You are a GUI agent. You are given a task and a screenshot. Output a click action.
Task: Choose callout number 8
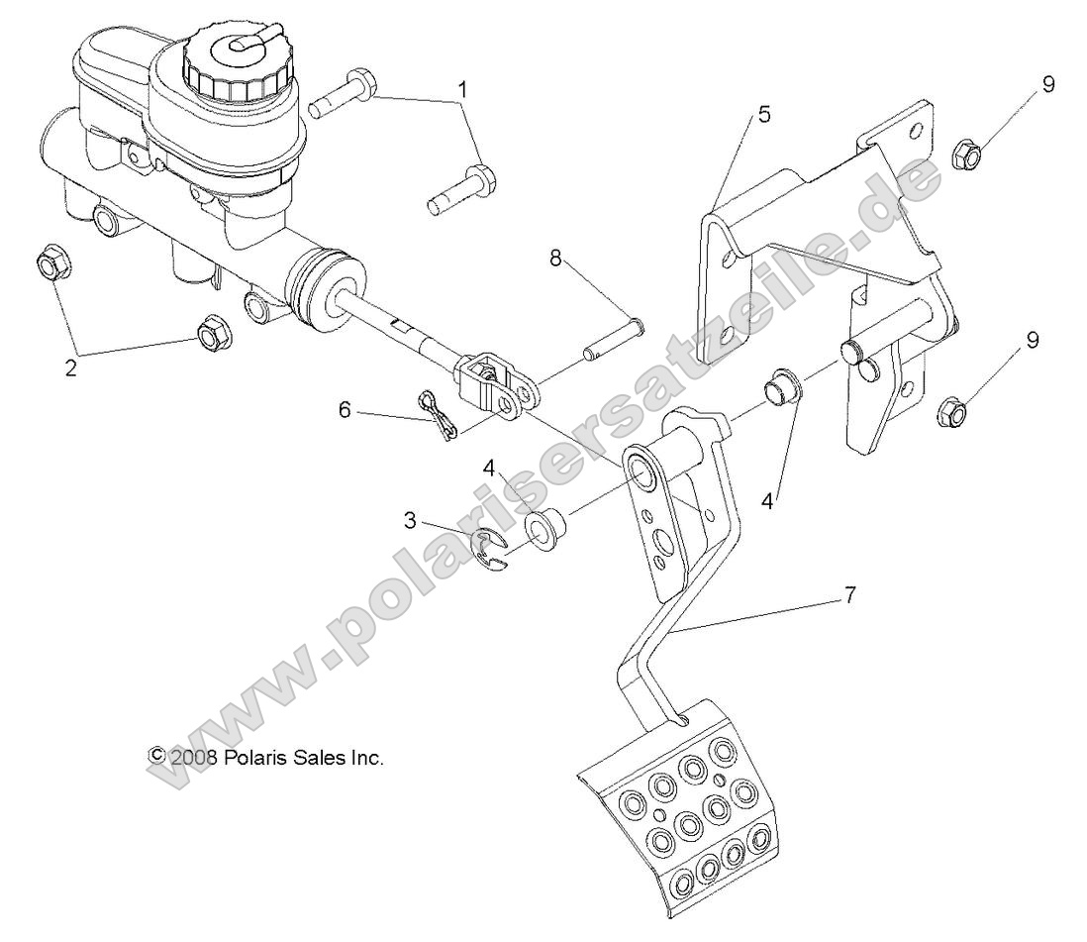[555, 260]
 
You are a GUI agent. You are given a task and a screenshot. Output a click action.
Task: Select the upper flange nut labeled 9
[966, 155]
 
